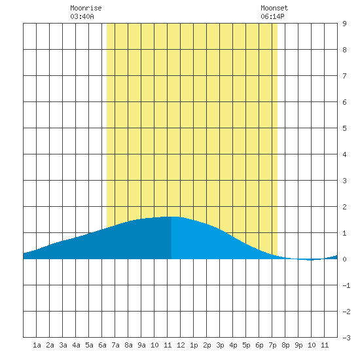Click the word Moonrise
pyautogui.click(x=86, y=8)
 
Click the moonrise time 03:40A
pyautogui.click(x=82, y=16)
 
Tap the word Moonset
pyautogui.click(x=274, y=8)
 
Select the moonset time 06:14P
pyautogui.click(x=272, y=16)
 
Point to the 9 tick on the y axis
pyautogui.click(x=344, y=24)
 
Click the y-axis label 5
pyautogui.click(x=344, y=128)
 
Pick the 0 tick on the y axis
pyautogui.click(x=344, y=259)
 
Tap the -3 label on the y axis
pyautogui.click(x=346, y=338)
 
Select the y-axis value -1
pyautogui.click(x=346, y=285)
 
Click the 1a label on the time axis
pyautogui.click(x=37, y=345)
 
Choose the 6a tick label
pyautogui.click(x=102, y=345)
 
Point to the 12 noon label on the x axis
pyautogui.click(x=181, y=345)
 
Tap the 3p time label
pyautogui.click(x=220, y=345)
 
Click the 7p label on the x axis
pyautogui.click(x=272, y=345)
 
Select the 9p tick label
pyautogui.click(x=298, y=345)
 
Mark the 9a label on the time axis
pyautogui.click(x=141, y=345)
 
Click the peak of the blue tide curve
pyautogui.click(x=171, y=217)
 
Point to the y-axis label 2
pyautogui.click(x=344, y=207)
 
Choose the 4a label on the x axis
pyautogui.click(x=76, y=345)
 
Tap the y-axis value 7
pyautogui.click(x=344, y=76)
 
